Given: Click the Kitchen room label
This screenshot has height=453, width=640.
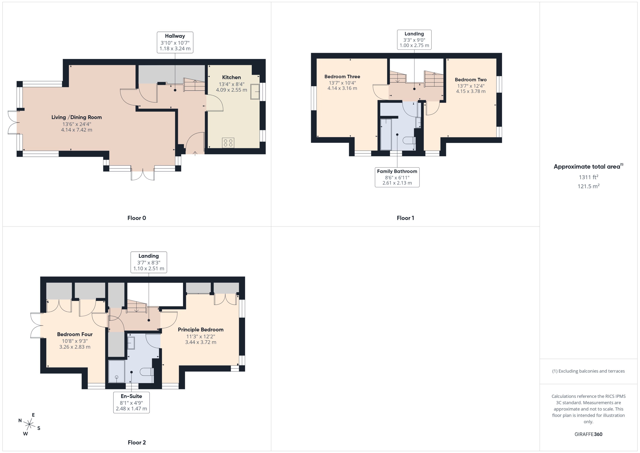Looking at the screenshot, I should click(x=231, y=77).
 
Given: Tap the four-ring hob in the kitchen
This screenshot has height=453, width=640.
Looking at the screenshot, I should click(x=228, y=143).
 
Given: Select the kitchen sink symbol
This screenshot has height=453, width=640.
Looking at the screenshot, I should click(x=255, y=91).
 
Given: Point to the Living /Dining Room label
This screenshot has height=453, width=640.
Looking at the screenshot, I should click(x=76, y=117).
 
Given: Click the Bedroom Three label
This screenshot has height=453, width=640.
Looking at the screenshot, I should click(x=342, y=76).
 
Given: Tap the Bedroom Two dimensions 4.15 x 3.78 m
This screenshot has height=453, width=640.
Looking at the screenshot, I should click(x=470, y=91).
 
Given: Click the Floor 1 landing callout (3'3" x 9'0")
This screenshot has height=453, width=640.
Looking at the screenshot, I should click(x=414, y=40).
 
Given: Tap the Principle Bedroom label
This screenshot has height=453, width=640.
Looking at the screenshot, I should click(x=201, y=329).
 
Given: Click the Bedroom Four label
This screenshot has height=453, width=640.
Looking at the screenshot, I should click(x=75, y=334).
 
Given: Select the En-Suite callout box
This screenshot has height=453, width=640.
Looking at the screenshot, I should click(x=131, y=402).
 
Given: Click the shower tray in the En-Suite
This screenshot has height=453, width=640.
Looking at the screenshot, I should click(x=116, y=372).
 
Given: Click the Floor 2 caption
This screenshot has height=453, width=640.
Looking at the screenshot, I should click(x=137, y=442).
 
